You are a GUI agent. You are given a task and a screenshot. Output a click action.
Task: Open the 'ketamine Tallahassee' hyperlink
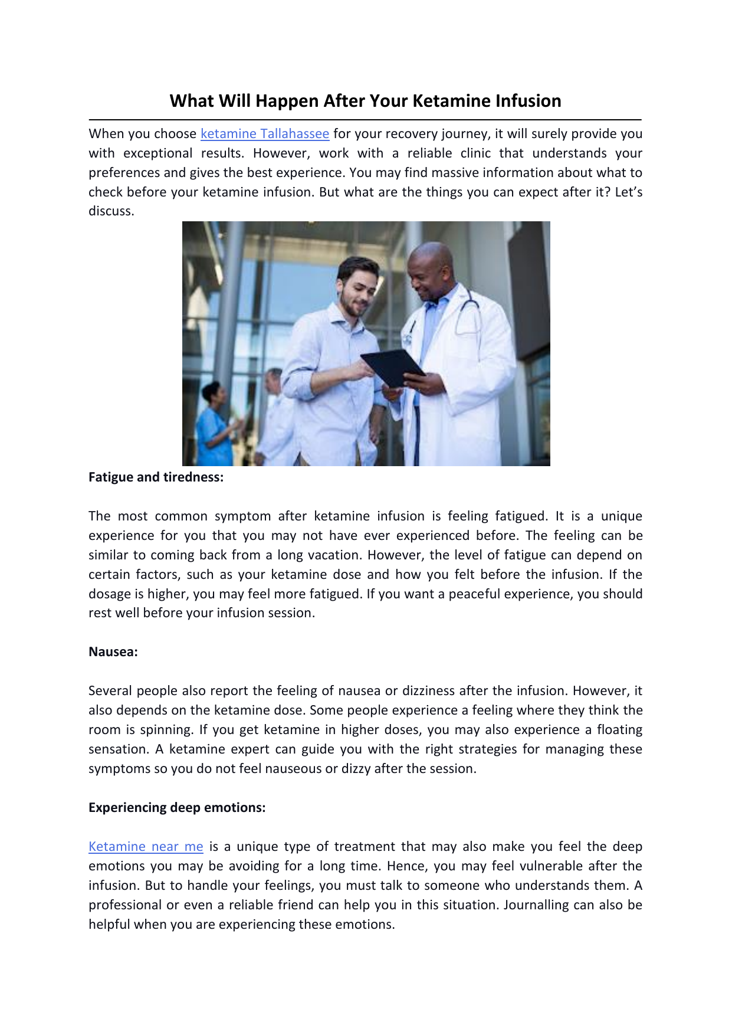[x=265, y=134]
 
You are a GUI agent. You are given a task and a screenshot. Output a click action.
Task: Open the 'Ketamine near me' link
[x=146, y=847]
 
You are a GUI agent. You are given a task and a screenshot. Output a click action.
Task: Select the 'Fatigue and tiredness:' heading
[x=156, y=477]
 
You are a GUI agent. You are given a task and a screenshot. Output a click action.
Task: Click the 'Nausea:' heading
[x=113, y=652]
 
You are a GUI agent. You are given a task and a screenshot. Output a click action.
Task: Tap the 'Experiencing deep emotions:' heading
[x=177, y=808]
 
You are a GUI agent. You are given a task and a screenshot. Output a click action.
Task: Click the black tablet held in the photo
[x=392, y=367]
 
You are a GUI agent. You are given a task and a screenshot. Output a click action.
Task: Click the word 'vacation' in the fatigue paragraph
[x=337, y=555]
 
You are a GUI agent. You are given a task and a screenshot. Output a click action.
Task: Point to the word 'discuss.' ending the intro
[x=111, y=211]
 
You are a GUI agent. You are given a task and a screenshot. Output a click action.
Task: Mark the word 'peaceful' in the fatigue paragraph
[x=474, y=594]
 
